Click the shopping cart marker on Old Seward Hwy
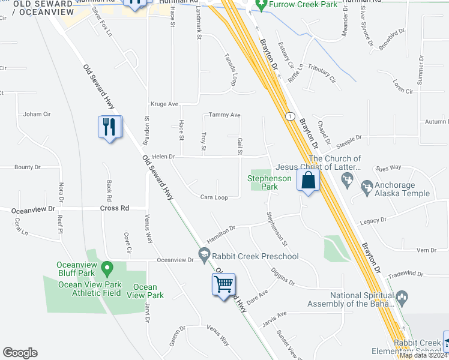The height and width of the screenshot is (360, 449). click(x=223, y=284)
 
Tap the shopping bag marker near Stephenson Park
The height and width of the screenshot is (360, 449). click(x=308, y=181)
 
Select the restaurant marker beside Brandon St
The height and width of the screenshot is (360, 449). click(x=110, y=127)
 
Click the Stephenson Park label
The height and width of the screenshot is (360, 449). click(x=270, y=182)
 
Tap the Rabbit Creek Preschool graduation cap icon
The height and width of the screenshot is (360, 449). click(x=205, y=257)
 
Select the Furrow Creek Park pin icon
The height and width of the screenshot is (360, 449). click(x=261, y=5)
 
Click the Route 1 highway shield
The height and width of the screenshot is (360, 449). click(x=291, y=115)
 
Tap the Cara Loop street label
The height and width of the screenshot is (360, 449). click(x=214, y=197)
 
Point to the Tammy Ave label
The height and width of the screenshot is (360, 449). click(x=224, y=115)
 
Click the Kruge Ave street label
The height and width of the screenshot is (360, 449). click(x=164, y=104)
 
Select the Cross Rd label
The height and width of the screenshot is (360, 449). click(x=115, y=208)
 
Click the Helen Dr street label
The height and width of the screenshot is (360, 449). click(x=163, y=157)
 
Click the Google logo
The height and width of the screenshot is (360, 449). click(x=20, y=353)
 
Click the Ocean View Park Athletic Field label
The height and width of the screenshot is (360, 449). click(x=89, y=289)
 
